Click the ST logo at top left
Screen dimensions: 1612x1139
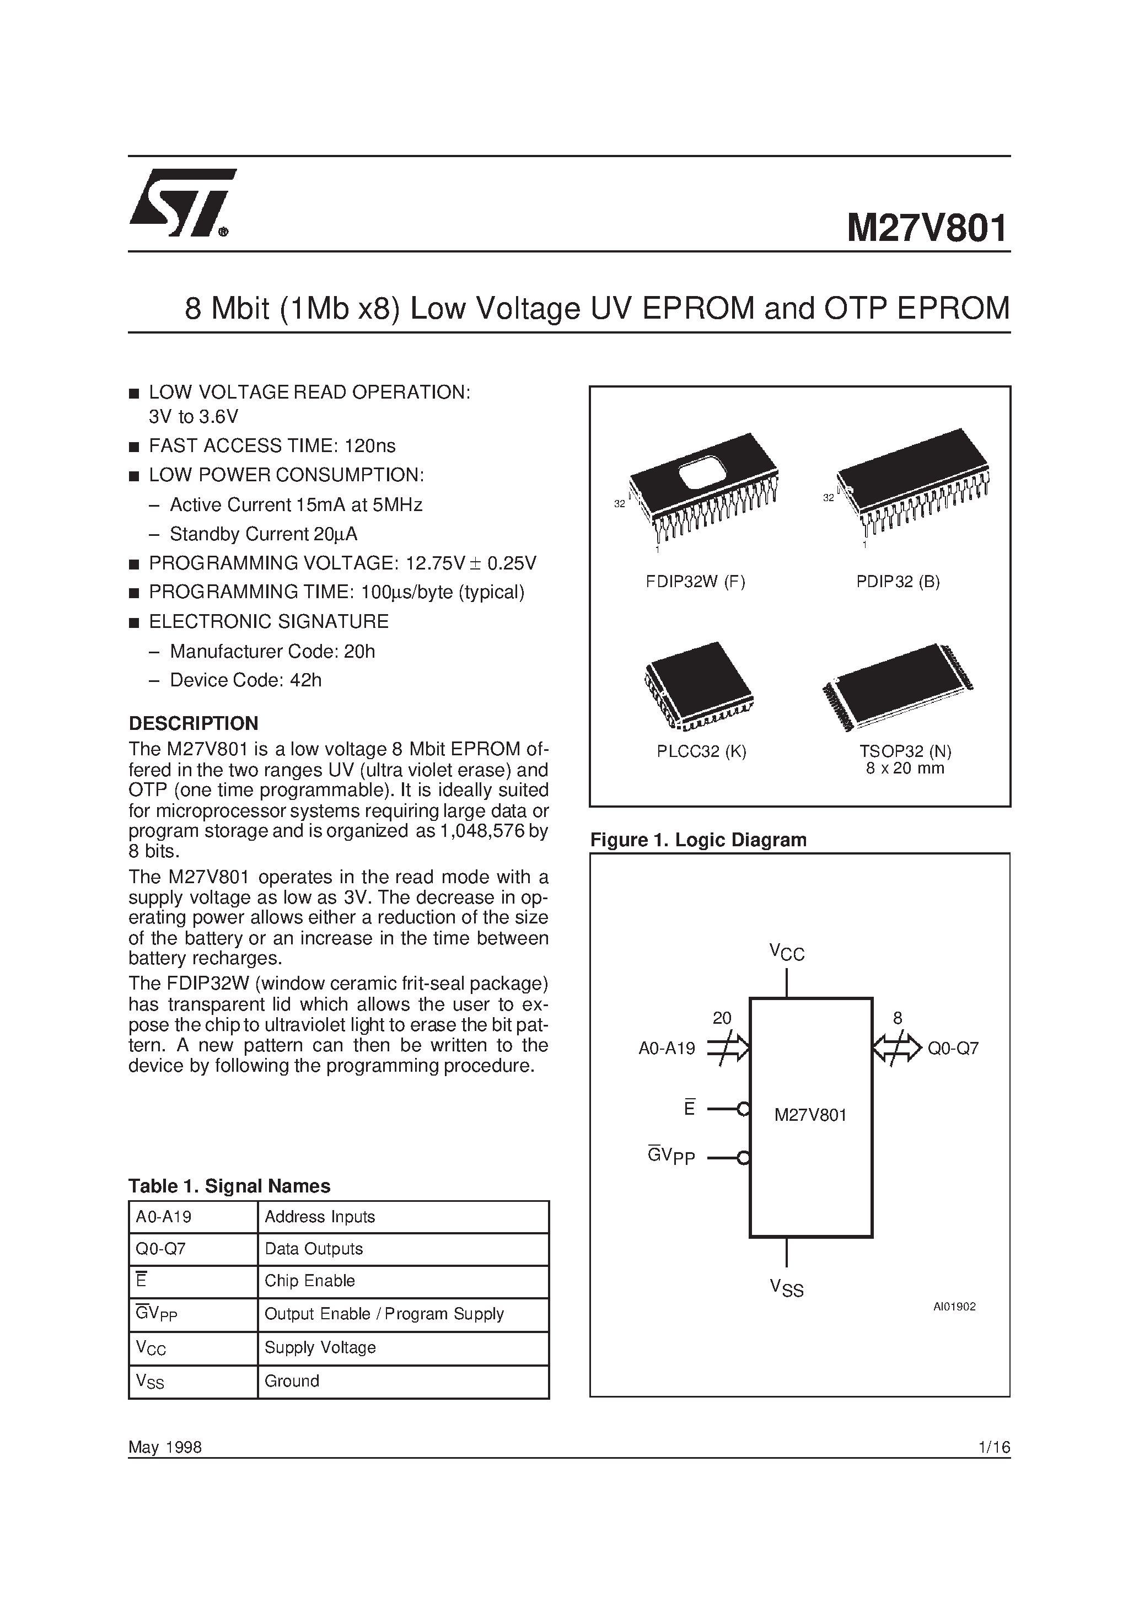point(181,203)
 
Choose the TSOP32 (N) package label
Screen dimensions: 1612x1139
point(905,751)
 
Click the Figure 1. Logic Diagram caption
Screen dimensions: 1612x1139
point(698,840)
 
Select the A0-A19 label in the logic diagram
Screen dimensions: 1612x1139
point(667,1049)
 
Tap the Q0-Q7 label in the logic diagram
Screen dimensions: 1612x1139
point(953,1049)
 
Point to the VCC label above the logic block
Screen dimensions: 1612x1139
point(787,953)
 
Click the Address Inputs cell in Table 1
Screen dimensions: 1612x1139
point(320,1217)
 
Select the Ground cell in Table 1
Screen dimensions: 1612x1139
point(292,1381)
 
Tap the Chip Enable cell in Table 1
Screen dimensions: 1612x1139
point(310,1281)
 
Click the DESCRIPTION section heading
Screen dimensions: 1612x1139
point(193,723)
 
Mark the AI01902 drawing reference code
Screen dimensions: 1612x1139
point(954,1307)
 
